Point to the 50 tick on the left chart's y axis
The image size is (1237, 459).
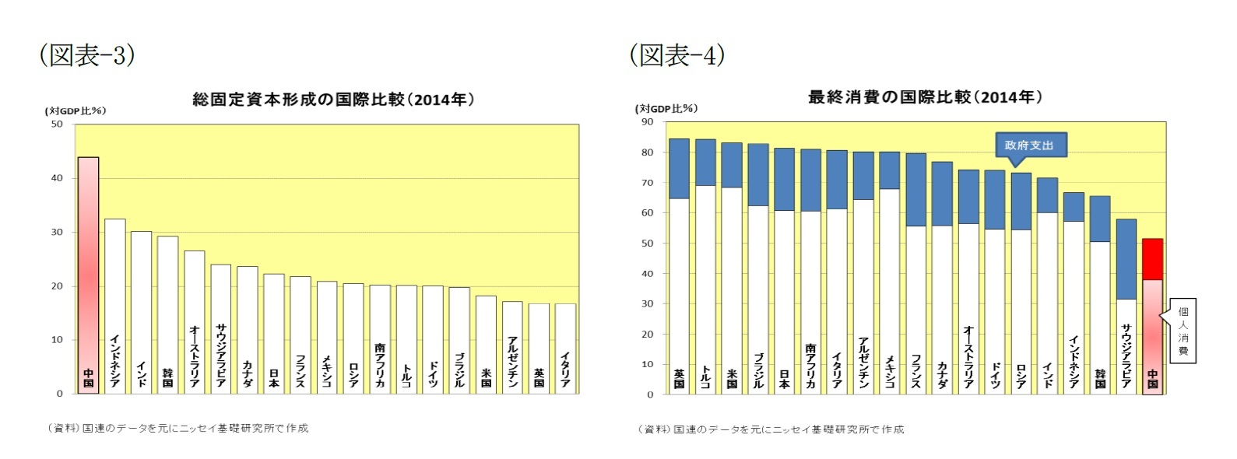tap(57, 124)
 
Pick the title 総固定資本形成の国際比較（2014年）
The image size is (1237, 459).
tap(333, 100)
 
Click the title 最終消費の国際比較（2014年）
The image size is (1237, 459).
tap(925, 97)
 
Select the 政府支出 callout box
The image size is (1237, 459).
tap(1028, 145)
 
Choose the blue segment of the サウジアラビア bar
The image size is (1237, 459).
tap(1126, 258)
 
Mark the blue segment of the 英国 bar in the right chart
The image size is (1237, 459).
tap(679, 168)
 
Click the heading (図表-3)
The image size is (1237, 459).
tap(86, 54)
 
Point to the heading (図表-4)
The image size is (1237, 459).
tap(676, 54)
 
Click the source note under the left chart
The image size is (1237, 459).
tap(177, 428)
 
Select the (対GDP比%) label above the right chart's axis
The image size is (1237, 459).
tap(666, 108)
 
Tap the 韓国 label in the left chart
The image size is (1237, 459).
tap(167, 377)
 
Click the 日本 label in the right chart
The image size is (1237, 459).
tap(784, 378)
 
